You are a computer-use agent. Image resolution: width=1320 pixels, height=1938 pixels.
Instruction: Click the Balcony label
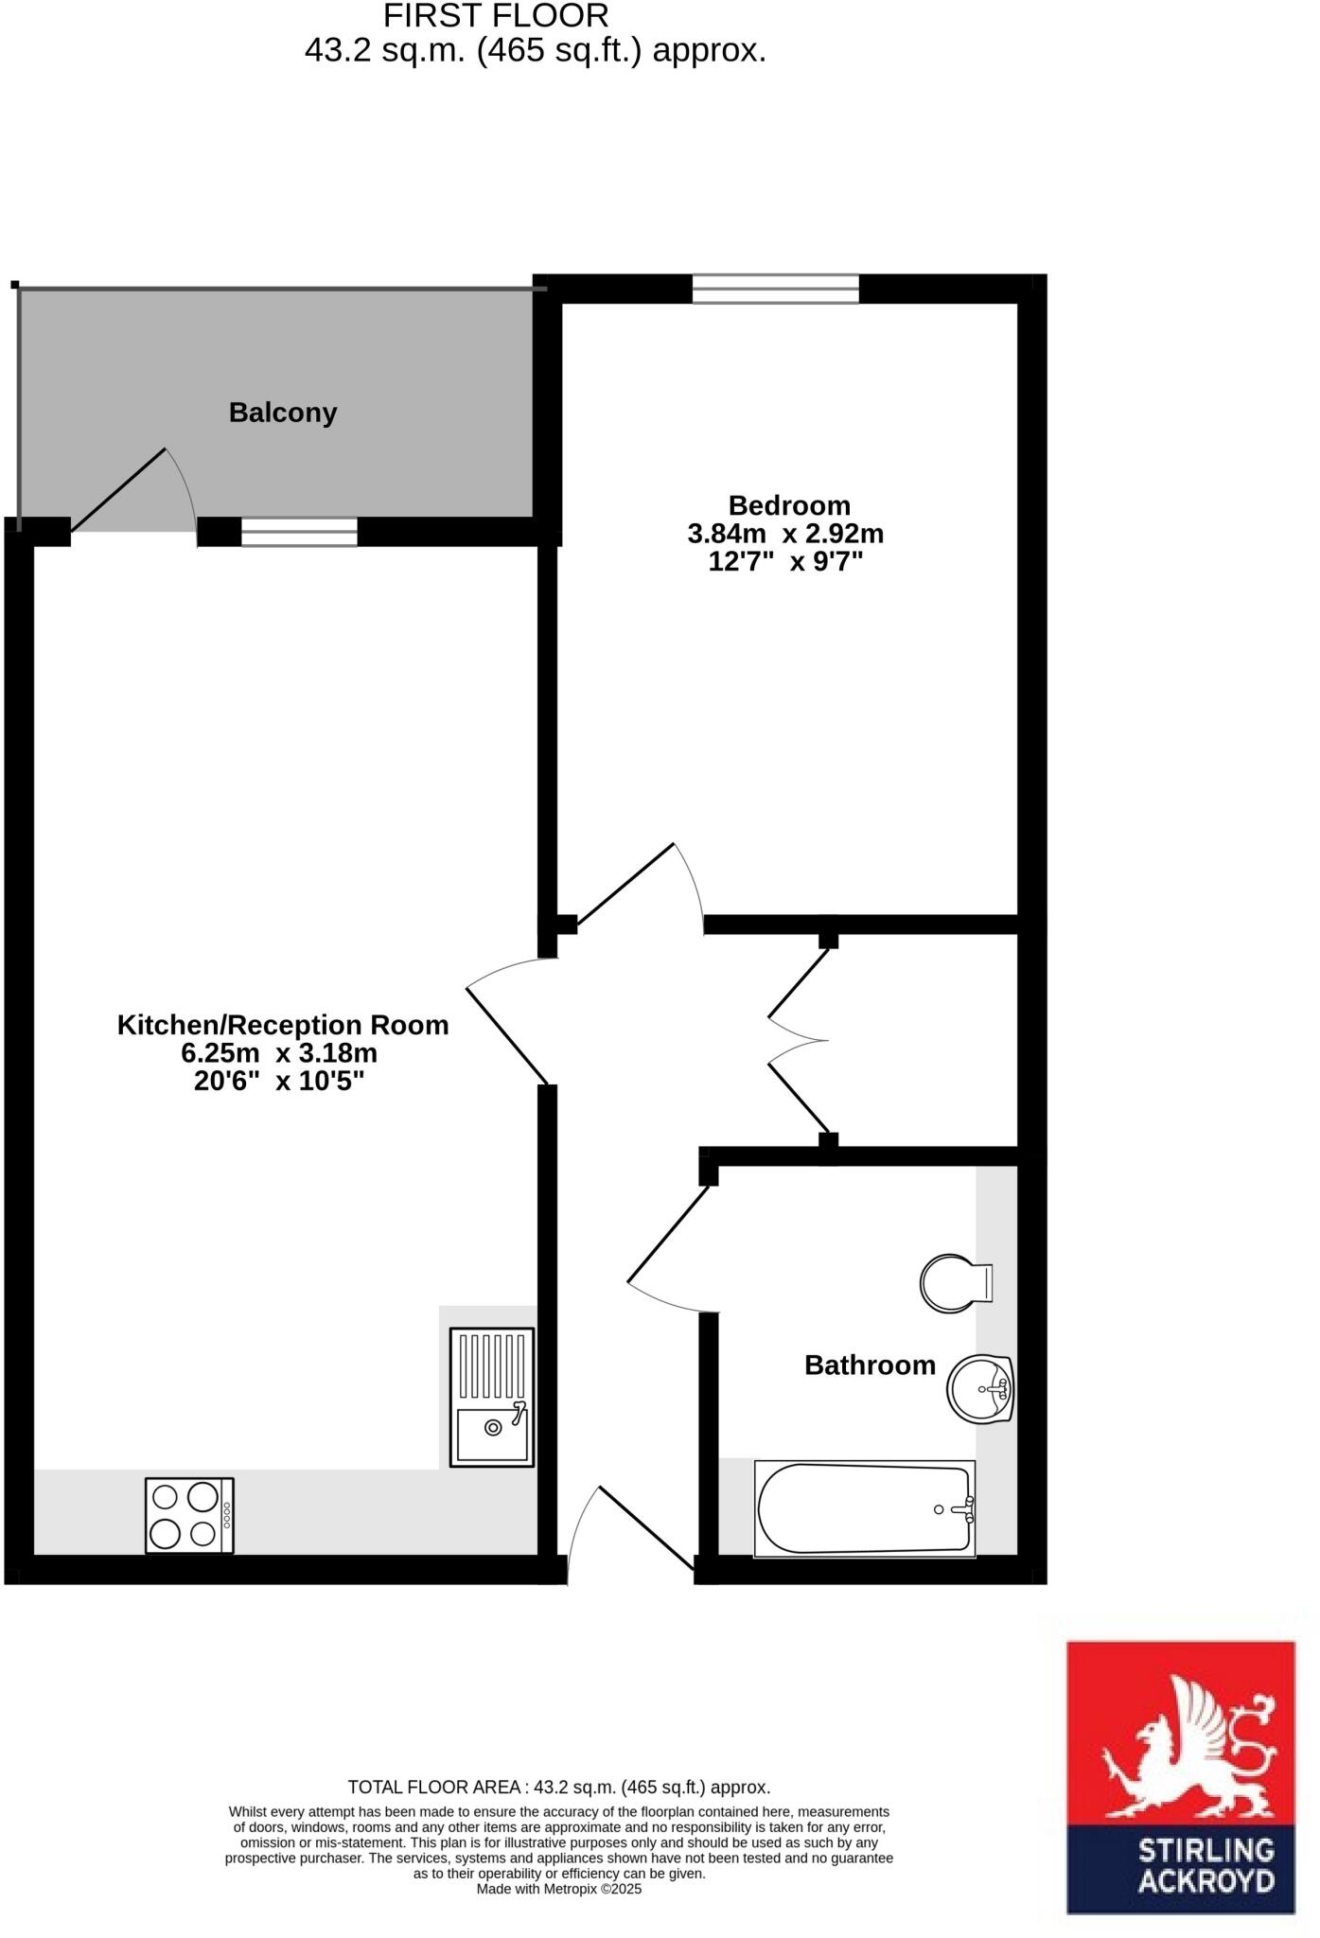click(283, 414)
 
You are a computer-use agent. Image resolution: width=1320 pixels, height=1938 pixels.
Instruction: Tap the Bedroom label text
click(788, 505)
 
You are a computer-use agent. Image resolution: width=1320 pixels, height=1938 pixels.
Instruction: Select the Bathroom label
click(870, 1365)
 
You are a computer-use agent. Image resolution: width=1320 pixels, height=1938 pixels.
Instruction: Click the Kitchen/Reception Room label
click(282, 1025)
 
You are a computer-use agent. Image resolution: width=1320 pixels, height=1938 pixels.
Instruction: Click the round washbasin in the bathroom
click(980, 1388)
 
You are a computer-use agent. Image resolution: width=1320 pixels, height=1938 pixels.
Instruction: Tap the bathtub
click(864, 1508)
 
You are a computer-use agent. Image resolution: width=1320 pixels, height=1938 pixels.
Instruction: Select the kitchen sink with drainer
click(491, 1397)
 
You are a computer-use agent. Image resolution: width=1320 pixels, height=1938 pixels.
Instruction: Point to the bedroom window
click(775, 289)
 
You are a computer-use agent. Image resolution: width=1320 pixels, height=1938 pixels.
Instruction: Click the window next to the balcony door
click(299, 532)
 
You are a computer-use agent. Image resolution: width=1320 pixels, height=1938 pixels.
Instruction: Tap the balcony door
click(118, 490)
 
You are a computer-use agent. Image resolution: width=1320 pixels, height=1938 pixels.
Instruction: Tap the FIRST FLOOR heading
click(496, 16)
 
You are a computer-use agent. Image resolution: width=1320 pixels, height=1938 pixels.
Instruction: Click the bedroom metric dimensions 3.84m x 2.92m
click(785, 534)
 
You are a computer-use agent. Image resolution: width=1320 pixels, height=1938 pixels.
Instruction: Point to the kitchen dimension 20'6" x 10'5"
click(279, 1081)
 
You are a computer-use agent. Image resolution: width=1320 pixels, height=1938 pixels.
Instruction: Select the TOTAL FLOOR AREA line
click(558, 1788)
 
